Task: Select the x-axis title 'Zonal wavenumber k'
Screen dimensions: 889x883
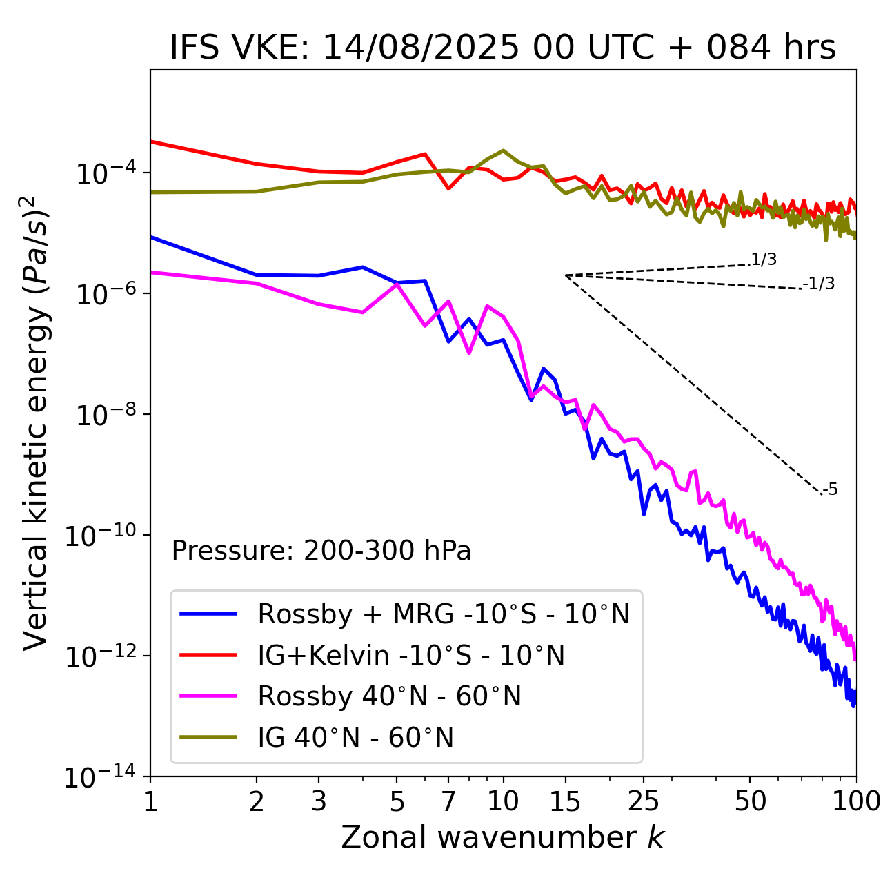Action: tap(503, 837)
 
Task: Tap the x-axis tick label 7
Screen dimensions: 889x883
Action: tap(448, 801)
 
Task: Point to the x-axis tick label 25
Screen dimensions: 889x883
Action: tap(643, 801)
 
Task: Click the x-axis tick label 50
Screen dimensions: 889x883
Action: tap(750, 801)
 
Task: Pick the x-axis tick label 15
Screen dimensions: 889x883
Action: tap(565, 801)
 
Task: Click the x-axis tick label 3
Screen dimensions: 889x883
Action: tap(319, 801)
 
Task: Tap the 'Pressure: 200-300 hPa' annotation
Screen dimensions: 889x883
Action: tap(321, 551)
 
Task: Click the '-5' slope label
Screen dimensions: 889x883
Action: tap(830, 489)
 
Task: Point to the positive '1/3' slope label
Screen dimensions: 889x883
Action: tap(764, 260)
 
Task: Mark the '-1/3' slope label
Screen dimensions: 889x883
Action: tap(819, 283)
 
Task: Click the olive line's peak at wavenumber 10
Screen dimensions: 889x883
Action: tap(504, 150)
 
